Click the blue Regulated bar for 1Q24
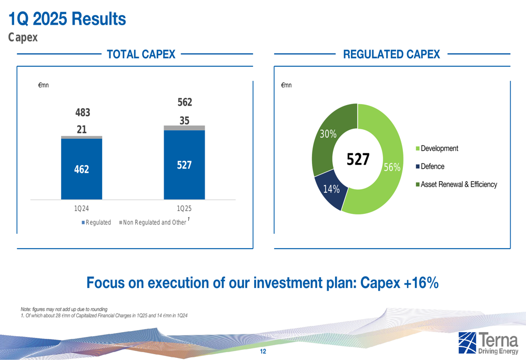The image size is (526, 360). point(82,169)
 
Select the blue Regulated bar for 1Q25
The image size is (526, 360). point(185,164)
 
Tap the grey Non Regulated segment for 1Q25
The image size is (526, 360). point(185,128)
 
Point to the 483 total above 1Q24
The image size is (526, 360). point(83,112)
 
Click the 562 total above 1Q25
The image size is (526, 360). point(185,102)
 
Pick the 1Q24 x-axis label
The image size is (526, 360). point(82,209)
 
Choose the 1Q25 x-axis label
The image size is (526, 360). point(185,209)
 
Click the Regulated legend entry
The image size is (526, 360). point(96,222)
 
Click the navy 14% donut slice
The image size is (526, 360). point(330,189)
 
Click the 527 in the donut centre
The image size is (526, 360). point(358,159)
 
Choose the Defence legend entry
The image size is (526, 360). point(430,166)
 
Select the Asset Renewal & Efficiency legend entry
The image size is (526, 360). point(457,184)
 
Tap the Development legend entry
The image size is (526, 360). point(437,148)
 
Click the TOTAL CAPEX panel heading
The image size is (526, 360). point(141,54)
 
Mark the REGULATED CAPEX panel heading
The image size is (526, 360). point(391,54)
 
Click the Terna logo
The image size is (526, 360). point(489,343)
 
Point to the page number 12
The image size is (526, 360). point(263,351)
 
